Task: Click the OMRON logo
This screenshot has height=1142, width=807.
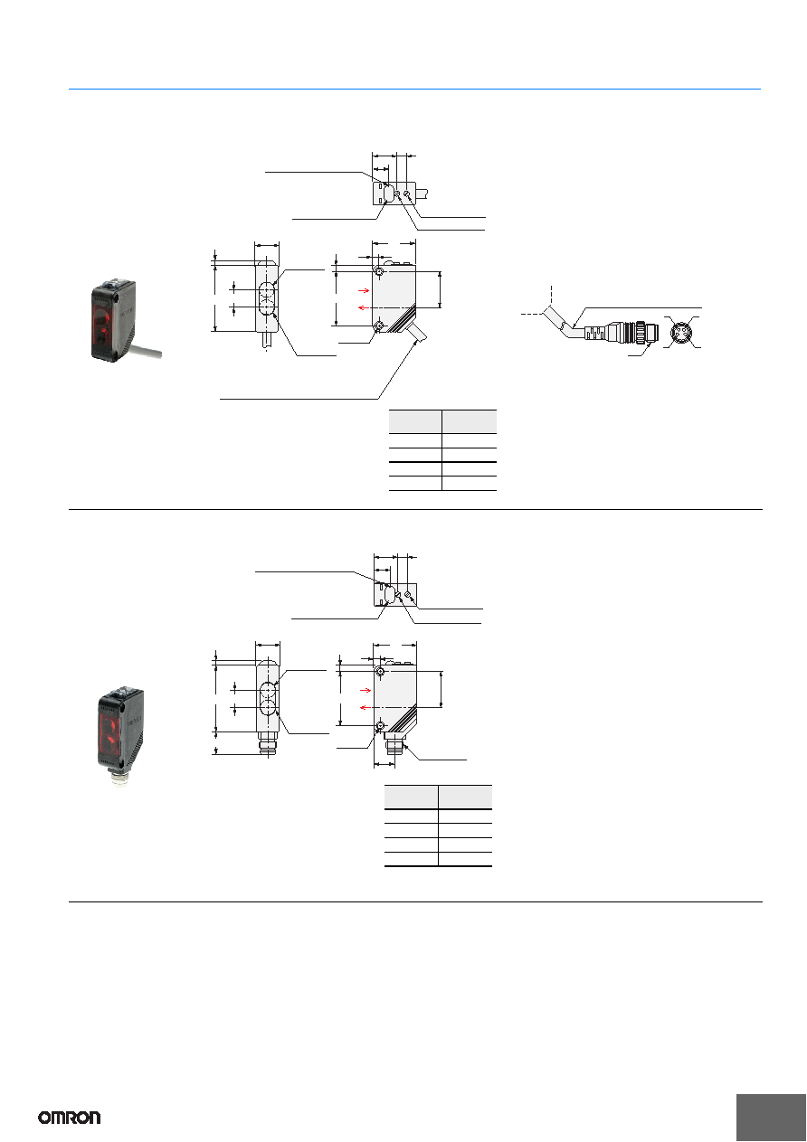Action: [70, 1118]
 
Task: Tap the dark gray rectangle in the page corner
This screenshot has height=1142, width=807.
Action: [770, 1118]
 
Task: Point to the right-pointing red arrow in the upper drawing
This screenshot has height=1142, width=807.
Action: [364, 290]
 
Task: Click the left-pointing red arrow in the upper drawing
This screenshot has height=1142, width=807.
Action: [363, 307]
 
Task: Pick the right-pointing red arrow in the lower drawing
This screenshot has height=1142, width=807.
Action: [366, 690]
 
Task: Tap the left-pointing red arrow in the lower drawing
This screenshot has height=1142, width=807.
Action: [366, 707]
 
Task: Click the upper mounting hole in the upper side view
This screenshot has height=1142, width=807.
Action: [378, 270]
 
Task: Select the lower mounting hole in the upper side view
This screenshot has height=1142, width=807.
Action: [378, 326]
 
